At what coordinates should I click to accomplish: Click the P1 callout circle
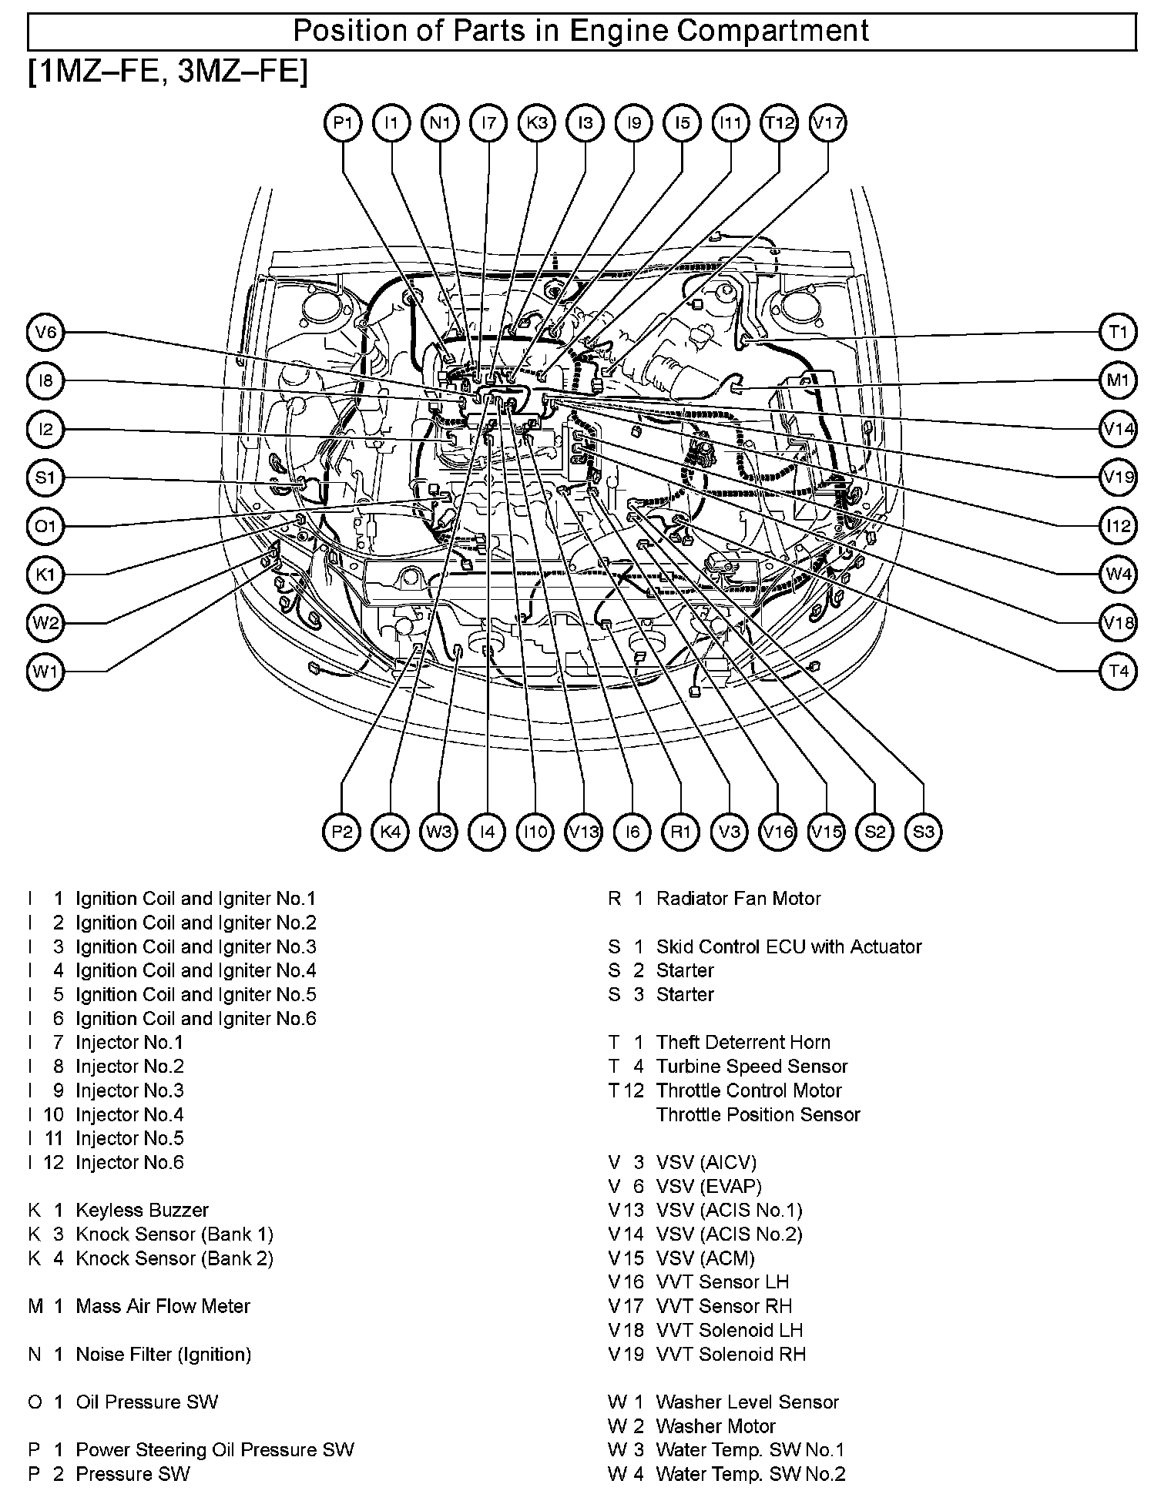(x=343, y=123)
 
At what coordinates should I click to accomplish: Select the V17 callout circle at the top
(x=828, y=123)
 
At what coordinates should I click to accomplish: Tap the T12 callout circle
(x=779, y=123)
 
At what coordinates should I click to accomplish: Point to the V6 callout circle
(x=45, y=333)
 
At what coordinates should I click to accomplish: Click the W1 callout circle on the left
(x=45, y=672)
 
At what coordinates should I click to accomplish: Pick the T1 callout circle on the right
(x=1118, y=333)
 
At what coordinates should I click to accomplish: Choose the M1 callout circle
(x=1118, y=380)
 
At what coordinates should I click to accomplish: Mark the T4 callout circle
(x=1118, y=672)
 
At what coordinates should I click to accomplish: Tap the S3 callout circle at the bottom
(x=923, y=832)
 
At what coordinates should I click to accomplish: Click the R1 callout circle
(x=680, y=832)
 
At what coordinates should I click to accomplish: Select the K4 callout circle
(x=391, y=832)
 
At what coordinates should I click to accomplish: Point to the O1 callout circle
(x=45, y=527)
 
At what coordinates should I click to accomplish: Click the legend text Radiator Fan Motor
(x=738, y=899)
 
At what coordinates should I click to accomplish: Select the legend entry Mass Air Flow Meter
(x=163, y=1306)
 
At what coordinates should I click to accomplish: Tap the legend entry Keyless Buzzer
(x=142, y=1210)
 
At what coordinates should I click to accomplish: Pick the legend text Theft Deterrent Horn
(x=743, y=1043)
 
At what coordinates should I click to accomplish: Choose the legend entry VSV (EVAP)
(x=708, y=1187)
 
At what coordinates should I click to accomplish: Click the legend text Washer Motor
(x=715, y=1426)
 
